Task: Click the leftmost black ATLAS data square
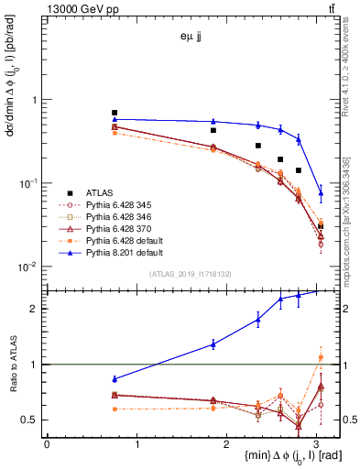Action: point(115,113)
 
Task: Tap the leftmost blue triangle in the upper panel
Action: point(115,119)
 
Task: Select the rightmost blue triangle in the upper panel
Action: point(321,192)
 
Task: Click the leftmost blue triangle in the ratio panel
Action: point(115,378)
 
